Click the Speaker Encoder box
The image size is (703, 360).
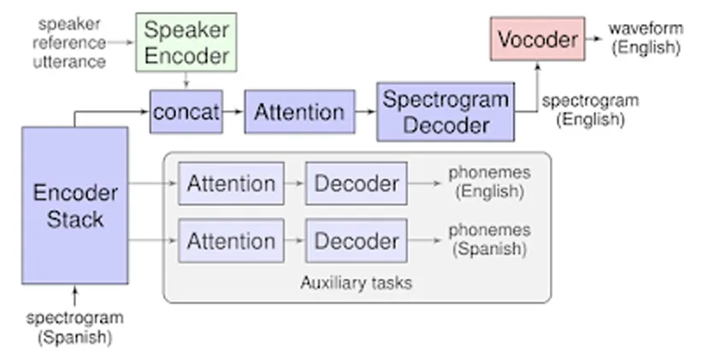point(186,43)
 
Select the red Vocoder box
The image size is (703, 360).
point(537,38)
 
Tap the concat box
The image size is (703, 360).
point(186,111)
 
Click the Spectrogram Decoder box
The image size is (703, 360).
point(445,112)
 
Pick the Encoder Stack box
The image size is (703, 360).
point(75,205)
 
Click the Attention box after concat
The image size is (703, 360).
point(299,111)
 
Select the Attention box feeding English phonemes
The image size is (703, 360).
point(231,183)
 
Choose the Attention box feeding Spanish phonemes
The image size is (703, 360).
point(231,240)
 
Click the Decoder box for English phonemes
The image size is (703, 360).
point(357,183)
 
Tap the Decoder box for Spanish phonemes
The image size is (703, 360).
point(357,240)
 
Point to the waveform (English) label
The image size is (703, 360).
point(646,38)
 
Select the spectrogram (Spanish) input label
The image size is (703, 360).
point(74,327)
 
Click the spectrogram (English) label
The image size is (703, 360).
point(590,109)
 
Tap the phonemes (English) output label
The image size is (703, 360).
point(489,181)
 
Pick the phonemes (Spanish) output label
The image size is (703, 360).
point(489,239)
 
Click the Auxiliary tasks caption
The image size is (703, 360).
point(356,283)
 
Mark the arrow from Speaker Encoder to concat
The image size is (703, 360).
point(186,81)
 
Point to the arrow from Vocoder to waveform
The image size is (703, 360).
point(595,38)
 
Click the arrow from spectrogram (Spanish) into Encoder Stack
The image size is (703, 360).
point(75,296)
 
